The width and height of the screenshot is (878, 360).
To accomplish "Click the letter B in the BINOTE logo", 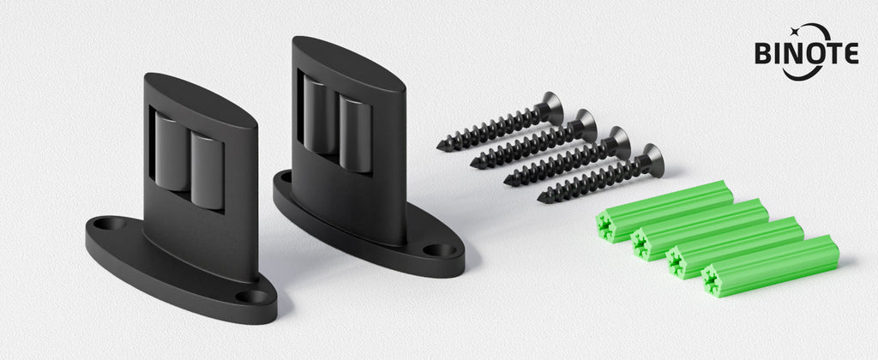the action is pos(763,53).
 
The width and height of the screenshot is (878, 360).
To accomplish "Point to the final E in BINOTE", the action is pos(851,53).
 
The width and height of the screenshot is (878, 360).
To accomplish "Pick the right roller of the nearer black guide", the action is pos(207,171).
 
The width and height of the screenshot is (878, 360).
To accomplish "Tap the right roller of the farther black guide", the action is pos(355,133).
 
